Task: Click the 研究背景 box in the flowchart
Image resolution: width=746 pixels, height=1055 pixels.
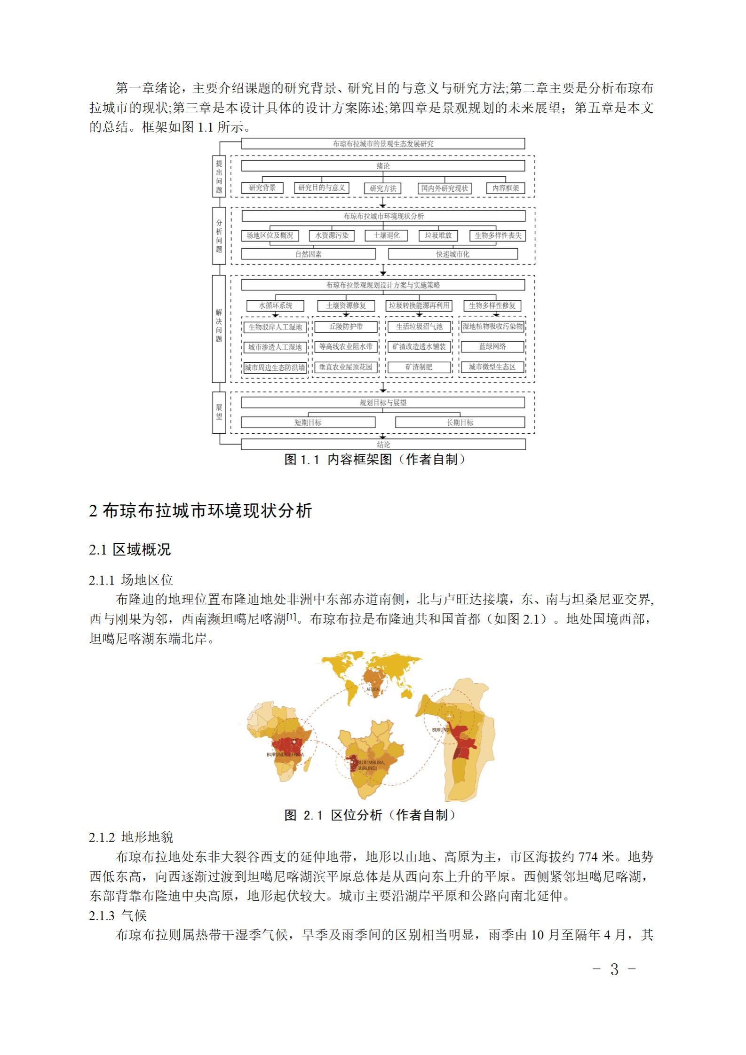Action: (x=262, y=188)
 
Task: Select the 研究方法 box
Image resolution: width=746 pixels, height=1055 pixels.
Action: (x=383, y=188)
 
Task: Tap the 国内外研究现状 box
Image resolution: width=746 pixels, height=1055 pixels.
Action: (x=444, y=188)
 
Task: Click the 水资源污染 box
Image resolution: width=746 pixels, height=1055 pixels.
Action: (x=332, y=235)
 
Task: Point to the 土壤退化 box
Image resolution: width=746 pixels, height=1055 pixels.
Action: (x=387, y=235)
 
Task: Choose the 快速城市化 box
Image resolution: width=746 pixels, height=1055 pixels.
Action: (x=452, y=254)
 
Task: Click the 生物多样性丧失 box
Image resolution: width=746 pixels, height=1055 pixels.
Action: (x=498, y=235)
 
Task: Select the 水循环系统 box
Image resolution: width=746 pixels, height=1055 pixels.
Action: (x=276, y=305)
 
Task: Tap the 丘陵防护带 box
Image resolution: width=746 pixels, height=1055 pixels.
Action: (x=346, y=326)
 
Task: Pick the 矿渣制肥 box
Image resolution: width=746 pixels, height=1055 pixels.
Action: (x=419, y=367)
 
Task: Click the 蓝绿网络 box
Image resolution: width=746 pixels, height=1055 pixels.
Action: (x=492, y=346)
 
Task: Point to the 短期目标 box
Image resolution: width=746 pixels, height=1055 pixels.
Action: (x=308, y=422)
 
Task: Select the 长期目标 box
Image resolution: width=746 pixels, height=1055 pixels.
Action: (x=460, y=422)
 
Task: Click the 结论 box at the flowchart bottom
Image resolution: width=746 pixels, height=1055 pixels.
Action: (x=383, y=445)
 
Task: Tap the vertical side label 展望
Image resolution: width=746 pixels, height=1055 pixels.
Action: (x=219, y=412)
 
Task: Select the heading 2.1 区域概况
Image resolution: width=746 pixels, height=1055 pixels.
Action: (x=130, y=549)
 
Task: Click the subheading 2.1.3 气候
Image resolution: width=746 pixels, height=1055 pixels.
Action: (x=118, y=915)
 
